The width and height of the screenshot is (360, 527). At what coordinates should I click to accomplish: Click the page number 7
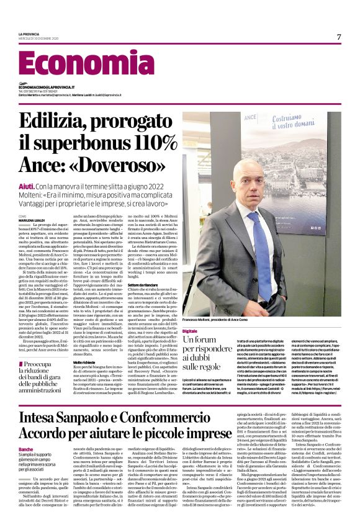tap(339, 37)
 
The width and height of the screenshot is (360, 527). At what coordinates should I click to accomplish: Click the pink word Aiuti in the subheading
tap(26, 186)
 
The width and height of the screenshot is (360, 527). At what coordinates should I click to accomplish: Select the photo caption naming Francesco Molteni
tap(212, 318)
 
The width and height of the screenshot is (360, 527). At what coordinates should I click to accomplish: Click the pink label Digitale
tap(190, 332)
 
